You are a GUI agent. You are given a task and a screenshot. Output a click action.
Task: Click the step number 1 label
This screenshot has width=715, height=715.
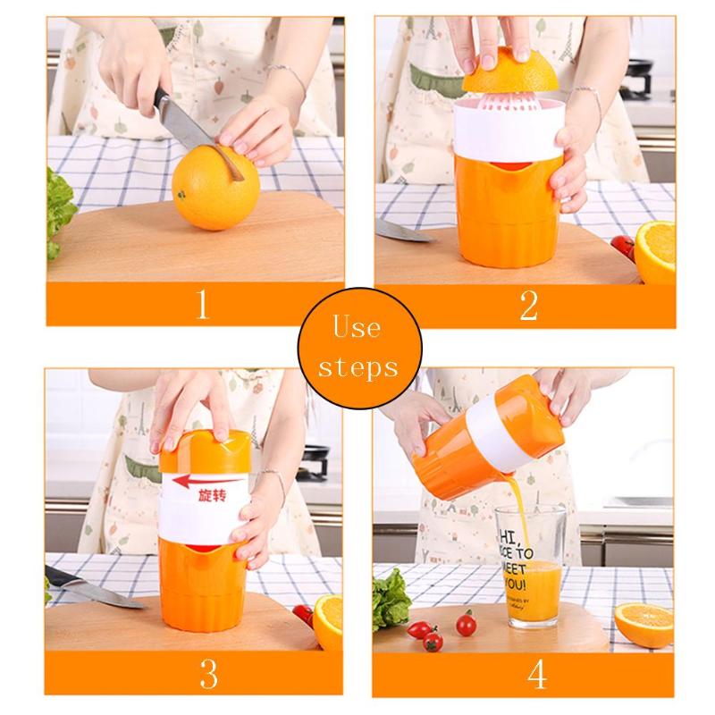tap(202, 306)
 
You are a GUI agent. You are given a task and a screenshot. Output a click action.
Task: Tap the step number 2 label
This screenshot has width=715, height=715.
tap(528, 306)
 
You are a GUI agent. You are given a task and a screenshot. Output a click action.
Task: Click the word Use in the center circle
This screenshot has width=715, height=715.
tap(357, 329)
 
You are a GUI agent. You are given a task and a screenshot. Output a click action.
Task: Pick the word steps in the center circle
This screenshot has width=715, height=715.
tap(357, 367)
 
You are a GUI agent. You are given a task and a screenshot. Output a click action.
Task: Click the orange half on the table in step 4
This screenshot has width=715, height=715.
tap(643, 620)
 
